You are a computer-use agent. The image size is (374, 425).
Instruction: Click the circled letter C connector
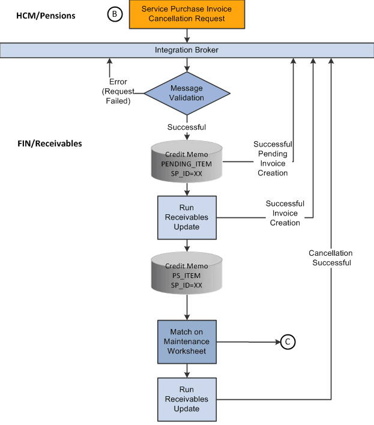[x=288, y=342]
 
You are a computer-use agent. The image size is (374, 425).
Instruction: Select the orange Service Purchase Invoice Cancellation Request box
[x=187, y=14]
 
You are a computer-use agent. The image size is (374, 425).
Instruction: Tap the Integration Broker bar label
[x=187, y=50]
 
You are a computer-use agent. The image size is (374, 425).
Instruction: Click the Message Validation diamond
[x=187, y=93]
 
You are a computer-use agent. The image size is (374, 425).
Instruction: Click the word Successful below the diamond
[x=187, y=127]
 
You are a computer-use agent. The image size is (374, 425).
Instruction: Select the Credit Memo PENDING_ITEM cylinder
[x=187, y=162]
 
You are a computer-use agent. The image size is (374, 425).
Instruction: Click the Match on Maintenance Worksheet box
[x=187, y=342]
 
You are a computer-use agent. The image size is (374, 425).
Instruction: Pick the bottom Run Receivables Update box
[x=187, y=399]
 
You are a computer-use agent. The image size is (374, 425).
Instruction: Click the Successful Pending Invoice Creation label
[x=273, y=158]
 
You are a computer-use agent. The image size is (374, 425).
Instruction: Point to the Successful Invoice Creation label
[x=285, y=213]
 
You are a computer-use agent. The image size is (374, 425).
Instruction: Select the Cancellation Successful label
[x=330, y=258]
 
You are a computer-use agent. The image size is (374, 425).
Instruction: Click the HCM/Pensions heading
[x=46, y=16]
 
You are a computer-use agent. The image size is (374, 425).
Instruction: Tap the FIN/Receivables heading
[x=49, y=144]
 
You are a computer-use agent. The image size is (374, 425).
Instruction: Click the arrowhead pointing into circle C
[x=277, y=342]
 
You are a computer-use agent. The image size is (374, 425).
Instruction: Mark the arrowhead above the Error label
[x=109, y=61]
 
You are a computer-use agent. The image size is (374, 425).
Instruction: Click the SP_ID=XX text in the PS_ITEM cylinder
[x=187, y=285]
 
